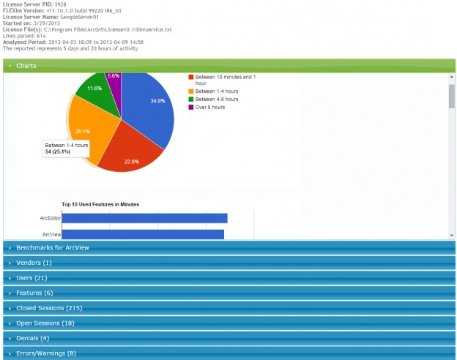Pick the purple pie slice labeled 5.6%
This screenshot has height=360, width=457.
pyautogui.click(x=114, y=78)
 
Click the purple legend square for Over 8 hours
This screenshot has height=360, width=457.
pyautogui.click(x=191, y=107)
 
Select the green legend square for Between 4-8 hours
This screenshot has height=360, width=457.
pyautogui.click(x=191, y=99)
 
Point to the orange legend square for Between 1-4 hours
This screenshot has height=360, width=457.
pyautogui.click(x=191, y=91)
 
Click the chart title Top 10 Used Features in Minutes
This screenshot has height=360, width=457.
pyautogui.click(x=100, y=204)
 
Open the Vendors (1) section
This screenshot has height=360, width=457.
pyautogui.click(x=34, y=263)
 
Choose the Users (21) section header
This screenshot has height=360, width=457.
pyautogui.click(x=31, y=278)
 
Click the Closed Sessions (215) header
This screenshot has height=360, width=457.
pyautogui.click(x=49, y=308)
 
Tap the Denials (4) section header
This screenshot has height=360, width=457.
pyautogui.click(x=32, y=338)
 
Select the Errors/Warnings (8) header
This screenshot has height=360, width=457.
pyautogui.click(x=45, y=353)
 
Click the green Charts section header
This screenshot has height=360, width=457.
pyautogui.click(x=26, y=66)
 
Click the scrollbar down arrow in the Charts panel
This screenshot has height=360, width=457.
pyautogui.click(x=451, y=236)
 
